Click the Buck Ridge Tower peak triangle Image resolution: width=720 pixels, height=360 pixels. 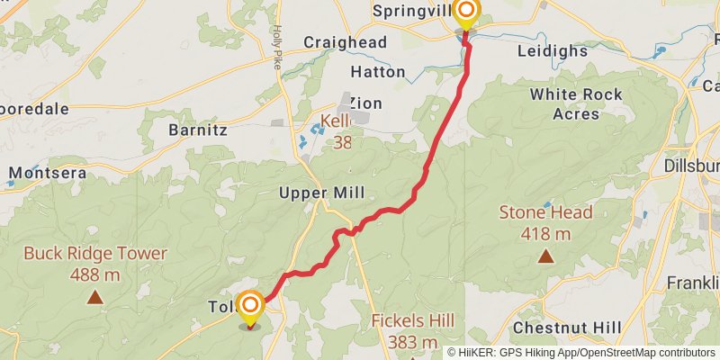[94, 296]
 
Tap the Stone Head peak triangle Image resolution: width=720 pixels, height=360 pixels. [545, 256]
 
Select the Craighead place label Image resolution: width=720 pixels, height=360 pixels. [345, 42]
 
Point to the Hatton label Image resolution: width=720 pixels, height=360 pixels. [376, 71]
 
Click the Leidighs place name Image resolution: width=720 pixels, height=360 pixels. [552, 51]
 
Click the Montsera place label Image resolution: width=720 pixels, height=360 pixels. [48, 172]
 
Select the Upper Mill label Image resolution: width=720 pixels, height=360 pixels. [321, 193]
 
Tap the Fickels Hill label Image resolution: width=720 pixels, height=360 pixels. [412, 321]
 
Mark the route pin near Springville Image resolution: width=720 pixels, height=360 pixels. [466, 13]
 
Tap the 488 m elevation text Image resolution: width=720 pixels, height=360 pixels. [94, 274]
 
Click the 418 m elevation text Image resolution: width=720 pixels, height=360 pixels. [545, 234]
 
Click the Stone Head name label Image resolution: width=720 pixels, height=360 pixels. [545, 213]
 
